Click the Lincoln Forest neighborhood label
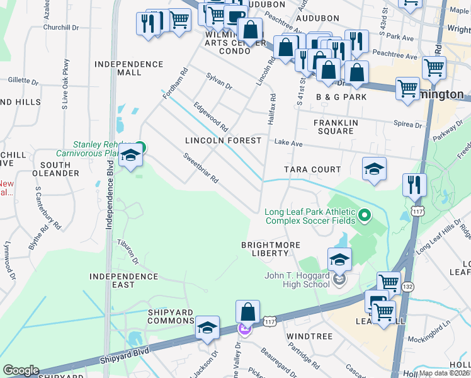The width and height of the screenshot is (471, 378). pos(222,140)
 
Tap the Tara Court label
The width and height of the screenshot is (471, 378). pos(312,169)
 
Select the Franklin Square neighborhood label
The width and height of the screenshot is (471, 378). pos(336,127)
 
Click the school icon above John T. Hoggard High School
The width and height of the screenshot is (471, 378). pos(339,260)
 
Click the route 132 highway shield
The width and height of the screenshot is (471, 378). pos(407,286)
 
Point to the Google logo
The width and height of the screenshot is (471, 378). pos(20,370)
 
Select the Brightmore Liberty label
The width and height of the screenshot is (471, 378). pos(271,249)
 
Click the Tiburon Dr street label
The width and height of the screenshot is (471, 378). pos(128,251)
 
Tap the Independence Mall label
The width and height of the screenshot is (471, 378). pos(128,69)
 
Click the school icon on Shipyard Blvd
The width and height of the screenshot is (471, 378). pos(207,328)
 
